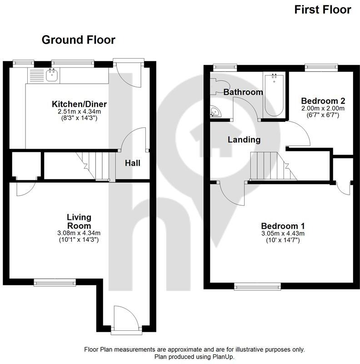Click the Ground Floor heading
pos(78,40)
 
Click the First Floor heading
pos(323,10)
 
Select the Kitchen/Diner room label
pos(79,105)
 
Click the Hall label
pos(132,163)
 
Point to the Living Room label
pos(79,221)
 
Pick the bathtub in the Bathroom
pos(274,95)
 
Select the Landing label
pos(244,140)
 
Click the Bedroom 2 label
pos(320,101)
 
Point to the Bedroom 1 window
pos(257,286)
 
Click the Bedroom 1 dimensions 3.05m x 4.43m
pos(282,233)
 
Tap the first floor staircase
pos(268,166)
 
